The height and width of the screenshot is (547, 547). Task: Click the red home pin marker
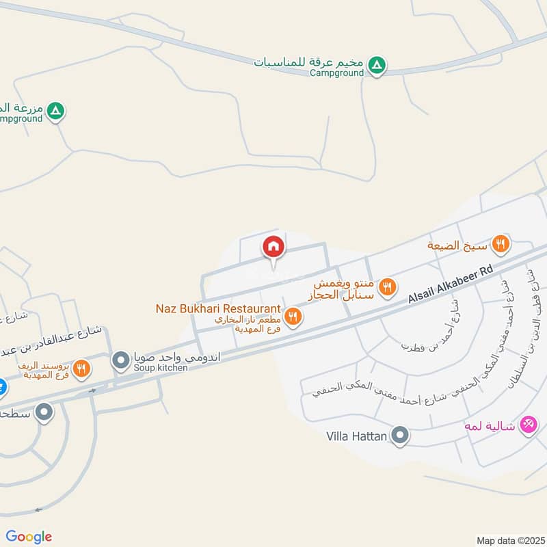click(x=273, y=248)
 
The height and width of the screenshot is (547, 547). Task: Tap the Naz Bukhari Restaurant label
click(x=218, y=309)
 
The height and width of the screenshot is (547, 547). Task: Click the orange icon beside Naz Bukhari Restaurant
click(x=293, y=315)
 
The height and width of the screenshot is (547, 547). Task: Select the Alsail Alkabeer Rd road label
click(x=451, y=284)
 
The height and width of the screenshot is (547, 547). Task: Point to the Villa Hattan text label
click(x=356, y=435)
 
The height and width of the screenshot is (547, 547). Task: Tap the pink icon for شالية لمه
click(x=528, y=425)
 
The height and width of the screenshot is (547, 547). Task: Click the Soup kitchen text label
click(x=160, y=368)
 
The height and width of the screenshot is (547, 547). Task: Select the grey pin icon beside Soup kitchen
click(x=121, y=359)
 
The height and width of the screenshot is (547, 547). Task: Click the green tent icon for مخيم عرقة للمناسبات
click(x=376, y=66)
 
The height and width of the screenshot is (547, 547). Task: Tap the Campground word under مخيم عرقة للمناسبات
click(x=336, y=73)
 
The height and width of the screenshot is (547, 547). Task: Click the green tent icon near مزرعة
click(x=57, y=110)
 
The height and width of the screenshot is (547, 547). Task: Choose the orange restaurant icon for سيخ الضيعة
click(x=501, y=242)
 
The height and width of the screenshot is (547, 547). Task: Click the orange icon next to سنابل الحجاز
click(x=388, y=286)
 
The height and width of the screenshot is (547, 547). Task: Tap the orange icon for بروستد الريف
click(x=81, y=368)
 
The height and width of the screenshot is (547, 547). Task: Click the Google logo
click(x=29, y=537)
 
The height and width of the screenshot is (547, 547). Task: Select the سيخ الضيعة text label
click(x=457, y=245)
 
